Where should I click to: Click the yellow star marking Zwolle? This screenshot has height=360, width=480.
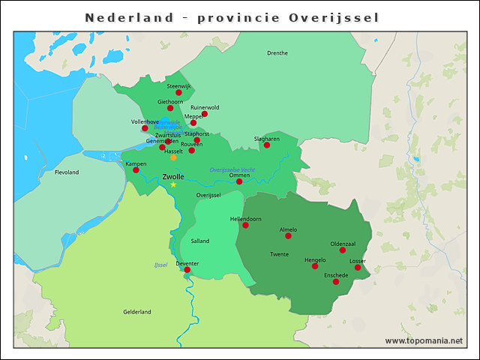(173, 184)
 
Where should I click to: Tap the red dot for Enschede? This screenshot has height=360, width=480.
(337, 282)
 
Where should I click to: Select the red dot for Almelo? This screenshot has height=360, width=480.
(288, 236)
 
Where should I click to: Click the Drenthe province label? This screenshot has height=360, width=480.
(277, 53)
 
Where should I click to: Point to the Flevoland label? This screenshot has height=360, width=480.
(67, 172)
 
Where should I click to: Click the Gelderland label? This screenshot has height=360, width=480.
(137, 312)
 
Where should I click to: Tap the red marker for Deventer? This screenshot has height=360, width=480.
(187, 270)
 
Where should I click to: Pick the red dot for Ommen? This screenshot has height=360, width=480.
(239, 181)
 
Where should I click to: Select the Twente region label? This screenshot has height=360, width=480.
(279, 255)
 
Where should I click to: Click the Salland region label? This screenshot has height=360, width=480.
(200, 241)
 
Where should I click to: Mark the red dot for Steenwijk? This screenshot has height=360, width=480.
(178, 93)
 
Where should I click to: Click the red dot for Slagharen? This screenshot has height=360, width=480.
(266, 145)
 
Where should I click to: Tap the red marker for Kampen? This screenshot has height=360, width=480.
(136, 170)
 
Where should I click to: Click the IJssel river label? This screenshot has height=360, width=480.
(160, 265)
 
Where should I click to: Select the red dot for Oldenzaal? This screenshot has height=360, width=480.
(343, 250)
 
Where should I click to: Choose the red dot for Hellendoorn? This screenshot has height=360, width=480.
(245, 225)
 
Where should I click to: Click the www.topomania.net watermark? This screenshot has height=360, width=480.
(424, 340)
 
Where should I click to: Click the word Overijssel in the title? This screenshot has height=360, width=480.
(334, 17)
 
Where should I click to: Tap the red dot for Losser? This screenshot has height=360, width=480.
(358, 268)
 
